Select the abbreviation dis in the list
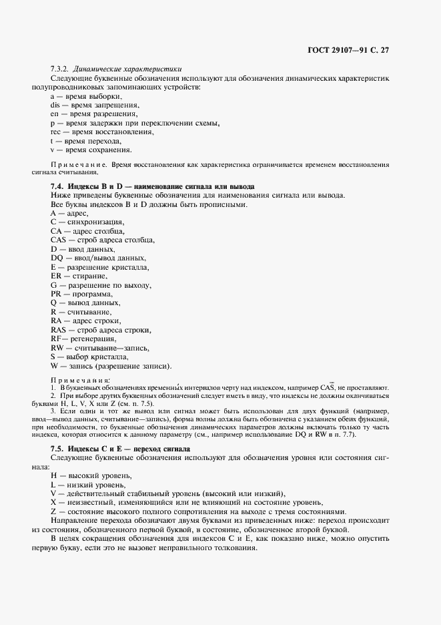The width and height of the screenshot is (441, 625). tap(55, 106)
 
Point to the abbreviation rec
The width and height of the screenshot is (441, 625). tap(57, 132)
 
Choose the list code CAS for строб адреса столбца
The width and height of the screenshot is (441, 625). tap(59, 239)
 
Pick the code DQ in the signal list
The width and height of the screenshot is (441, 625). tap(57, 257)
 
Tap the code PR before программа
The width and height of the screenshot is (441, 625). tap(56, 293)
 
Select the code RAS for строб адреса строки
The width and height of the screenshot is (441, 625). tap(59, 329)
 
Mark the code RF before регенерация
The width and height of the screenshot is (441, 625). tap(56, 339)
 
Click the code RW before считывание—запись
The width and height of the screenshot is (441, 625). tap(57, 348)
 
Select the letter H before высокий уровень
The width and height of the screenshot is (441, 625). tap(53, 475)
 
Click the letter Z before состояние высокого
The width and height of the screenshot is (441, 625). tap(53, 510)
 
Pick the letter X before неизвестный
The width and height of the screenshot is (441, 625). tap(53, 501)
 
